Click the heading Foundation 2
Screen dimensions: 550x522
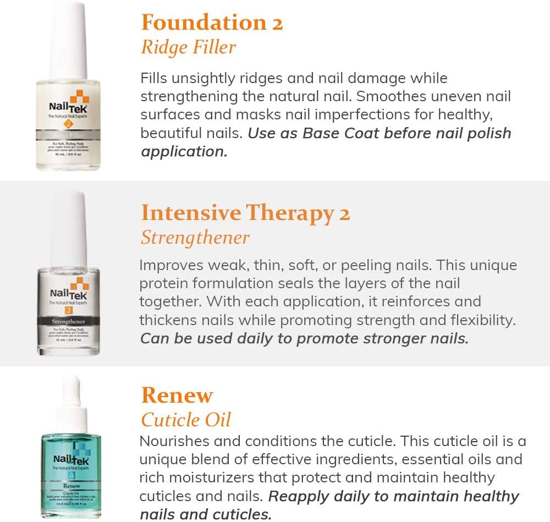pos(212,22)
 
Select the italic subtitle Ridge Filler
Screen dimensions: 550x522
pos(188,47)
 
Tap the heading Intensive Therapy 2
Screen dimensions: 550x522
pos(245,212)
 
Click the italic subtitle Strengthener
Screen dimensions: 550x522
pos(195,237)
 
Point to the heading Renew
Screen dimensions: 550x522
pos(177,395)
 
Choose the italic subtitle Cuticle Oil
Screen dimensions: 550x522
pos(185,420)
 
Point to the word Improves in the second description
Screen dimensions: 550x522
pos(171,265)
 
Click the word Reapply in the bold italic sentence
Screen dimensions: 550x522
pos(299,496)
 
